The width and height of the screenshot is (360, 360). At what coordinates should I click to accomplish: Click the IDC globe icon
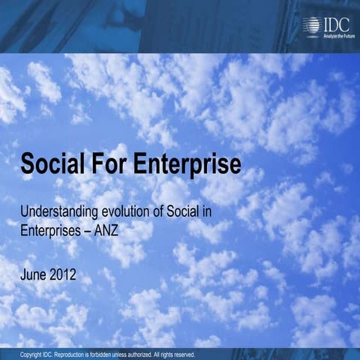point(310,25)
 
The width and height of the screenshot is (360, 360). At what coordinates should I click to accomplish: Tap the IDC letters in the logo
point(334,23)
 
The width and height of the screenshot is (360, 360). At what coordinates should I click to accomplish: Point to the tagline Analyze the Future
point(338,34)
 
